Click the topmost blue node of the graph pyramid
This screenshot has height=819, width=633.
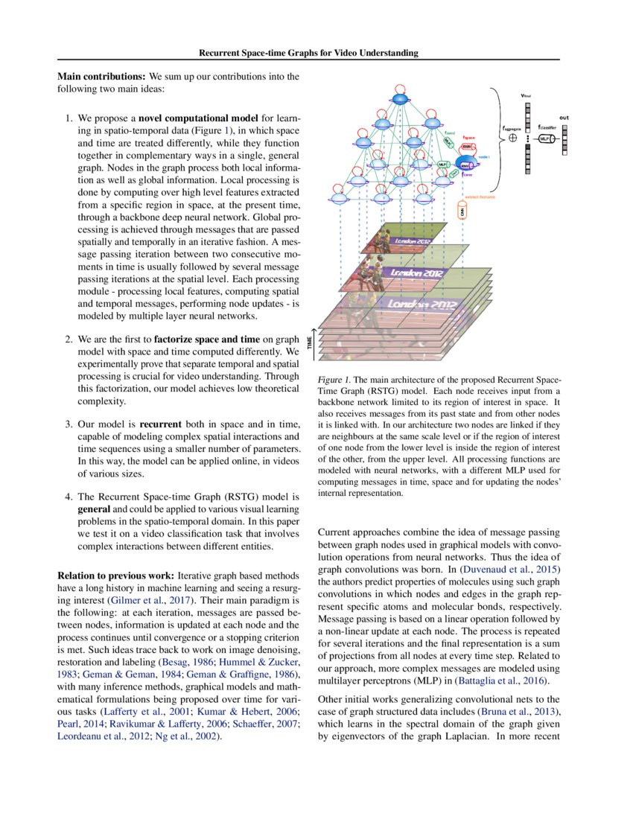(x=401, y=99)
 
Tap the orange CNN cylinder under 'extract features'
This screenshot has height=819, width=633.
(x=462, y=212)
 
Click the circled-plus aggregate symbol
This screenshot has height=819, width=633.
(x=512, y=138)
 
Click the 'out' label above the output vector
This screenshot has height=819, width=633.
(x=564, y=117)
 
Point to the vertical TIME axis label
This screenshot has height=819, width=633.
(x=311, y=342)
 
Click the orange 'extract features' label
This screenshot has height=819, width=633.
(x=478, y=197)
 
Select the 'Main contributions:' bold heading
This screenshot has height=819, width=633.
(x=102, y=76)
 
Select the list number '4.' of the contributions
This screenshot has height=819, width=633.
(x=68, y=495)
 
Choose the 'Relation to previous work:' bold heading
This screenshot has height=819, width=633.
(x=116, y=576)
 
